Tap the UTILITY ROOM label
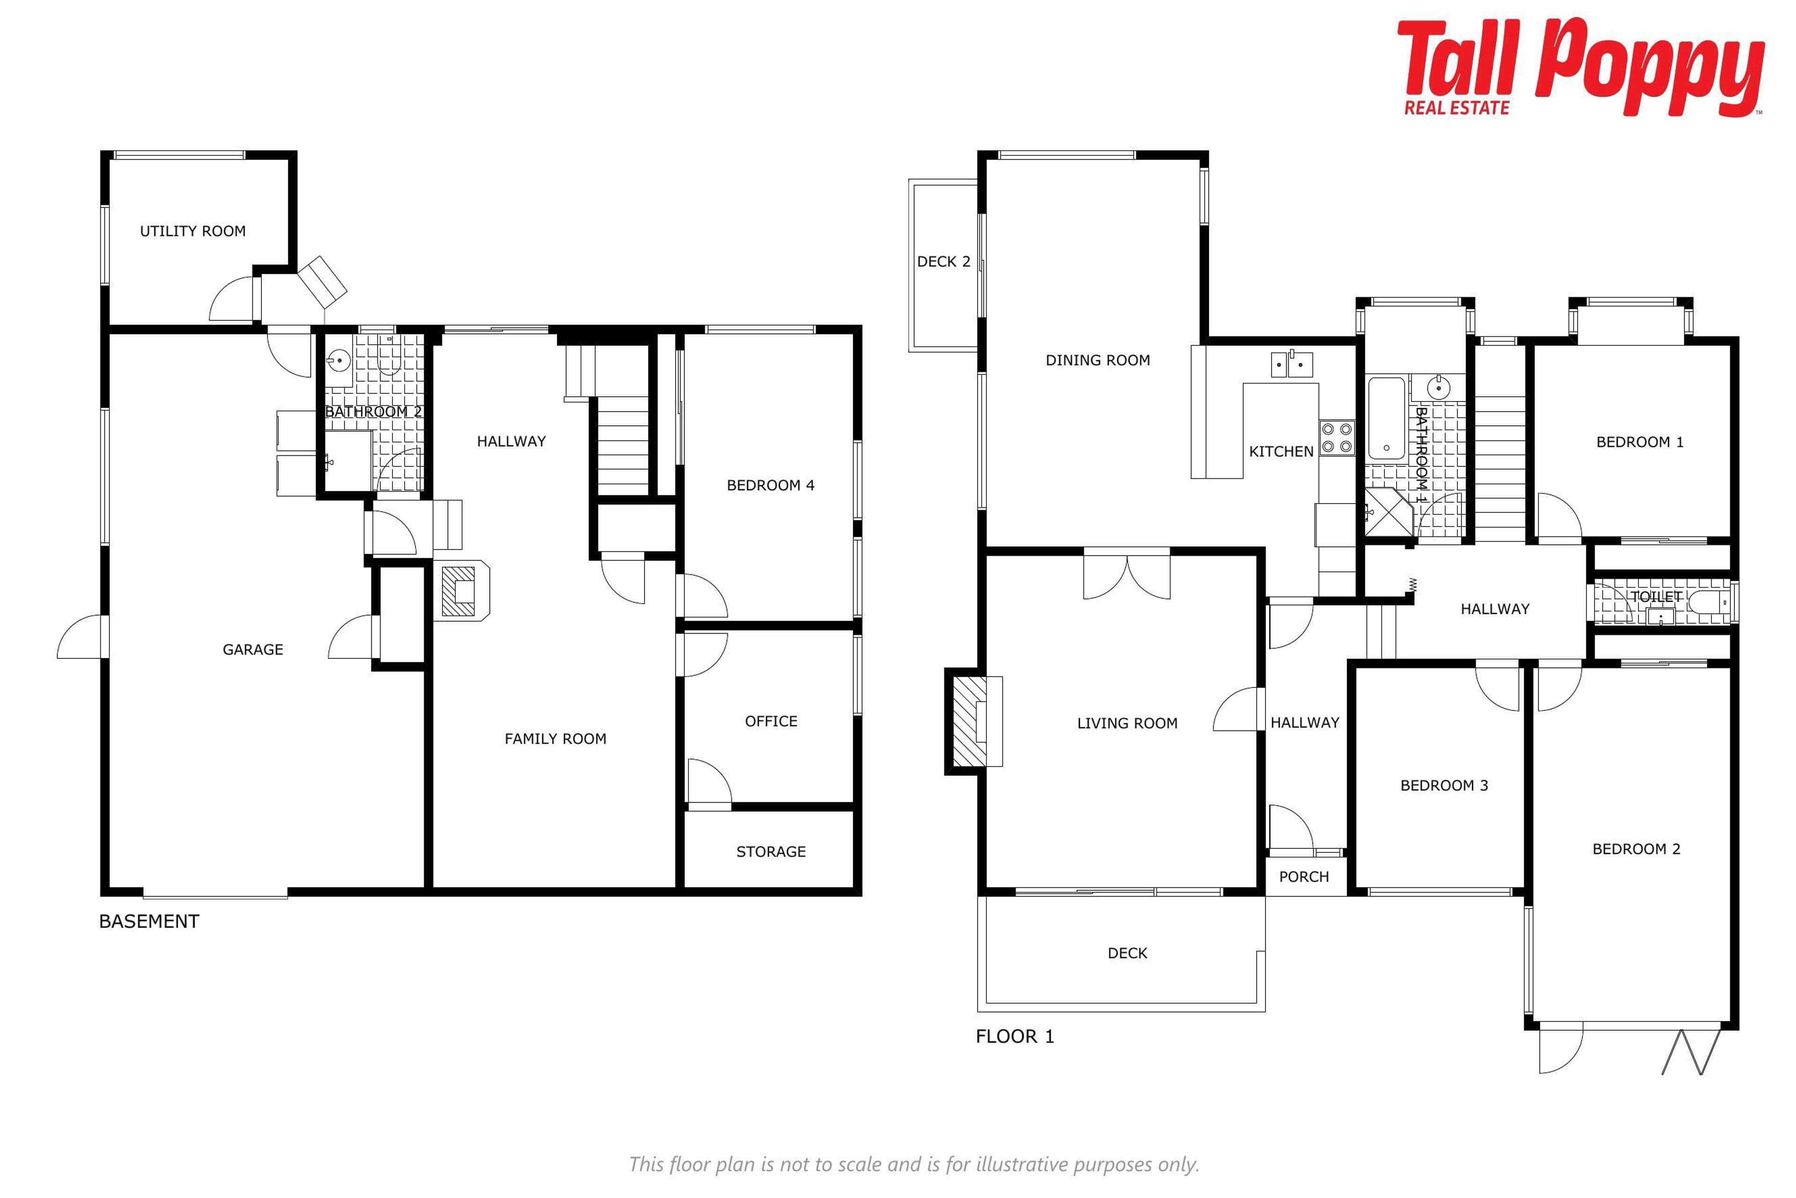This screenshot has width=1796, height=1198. click(192, 231)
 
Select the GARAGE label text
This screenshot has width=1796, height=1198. click(253, 650)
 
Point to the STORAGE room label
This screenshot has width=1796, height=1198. click(770, 851)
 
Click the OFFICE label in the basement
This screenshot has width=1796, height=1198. click(770, 721)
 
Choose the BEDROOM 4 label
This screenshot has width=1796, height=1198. click(770, 485)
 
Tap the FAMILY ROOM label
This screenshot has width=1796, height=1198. click(555, 739)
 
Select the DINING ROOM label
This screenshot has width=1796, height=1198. click(1097, 360)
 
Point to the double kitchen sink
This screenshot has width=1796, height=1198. click(1291, 365)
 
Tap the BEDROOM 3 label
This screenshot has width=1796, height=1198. click(1444, 785)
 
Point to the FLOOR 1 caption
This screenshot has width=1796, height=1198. click(1015, 1036)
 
